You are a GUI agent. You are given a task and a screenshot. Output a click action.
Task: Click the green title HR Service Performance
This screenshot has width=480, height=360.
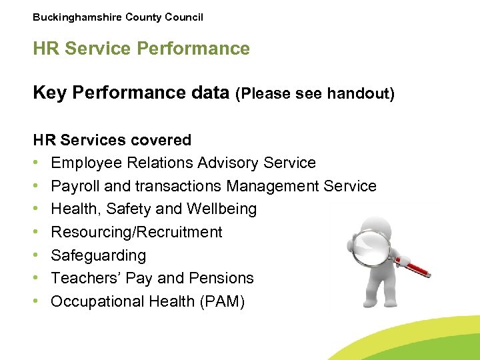[141, 49]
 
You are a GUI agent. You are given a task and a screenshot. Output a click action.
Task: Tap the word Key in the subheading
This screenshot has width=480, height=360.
[50, 93]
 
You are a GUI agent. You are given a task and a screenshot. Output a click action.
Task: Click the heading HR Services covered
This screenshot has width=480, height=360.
[112, 140]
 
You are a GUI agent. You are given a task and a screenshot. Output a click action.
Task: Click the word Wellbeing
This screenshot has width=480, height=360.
[223, 209]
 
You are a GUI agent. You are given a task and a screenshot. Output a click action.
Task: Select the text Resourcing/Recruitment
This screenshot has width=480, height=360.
[136, 232]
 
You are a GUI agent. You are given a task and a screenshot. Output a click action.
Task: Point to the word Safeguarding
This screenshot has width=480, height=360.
[98, 255]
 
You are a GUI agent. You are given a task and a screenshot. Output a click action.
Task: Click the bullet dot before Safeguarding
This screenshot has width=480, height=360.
[37, 255]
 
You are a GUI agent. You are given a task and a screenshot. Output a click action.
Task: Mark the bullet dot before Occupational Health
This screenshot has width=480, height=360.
[37, 301]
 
